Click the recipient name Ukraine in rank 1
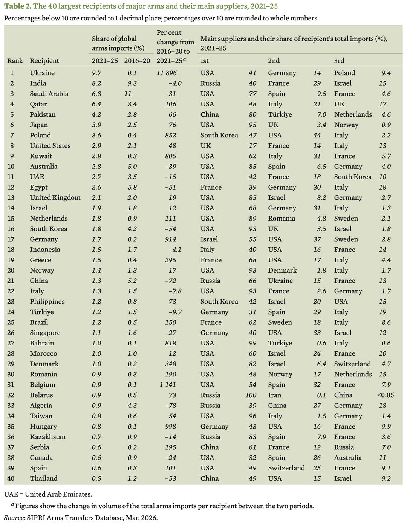pos(42,73)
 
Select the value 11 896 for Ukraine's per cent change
pos(167,73)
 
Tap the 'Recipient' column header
pos(44,61)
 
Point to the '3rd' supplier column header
pos(339,61)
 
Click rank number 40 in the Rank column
pos(12,478)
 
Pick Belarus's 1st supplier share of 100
pos(251,395)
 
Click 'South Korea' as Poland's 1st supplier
pos(219,135)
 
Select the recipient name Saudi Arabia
pos(49,94)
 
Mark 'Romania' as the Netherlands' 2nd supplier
pos(282,218)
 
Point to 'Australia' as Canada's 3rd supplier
pos(347,458)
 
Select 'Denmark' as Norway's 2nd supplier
pos(282,270)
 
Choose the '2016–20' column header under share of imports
pos(137,61)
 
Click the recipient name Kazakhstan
pos(48,437)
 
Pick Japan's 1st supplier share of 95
pos(252,125)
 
